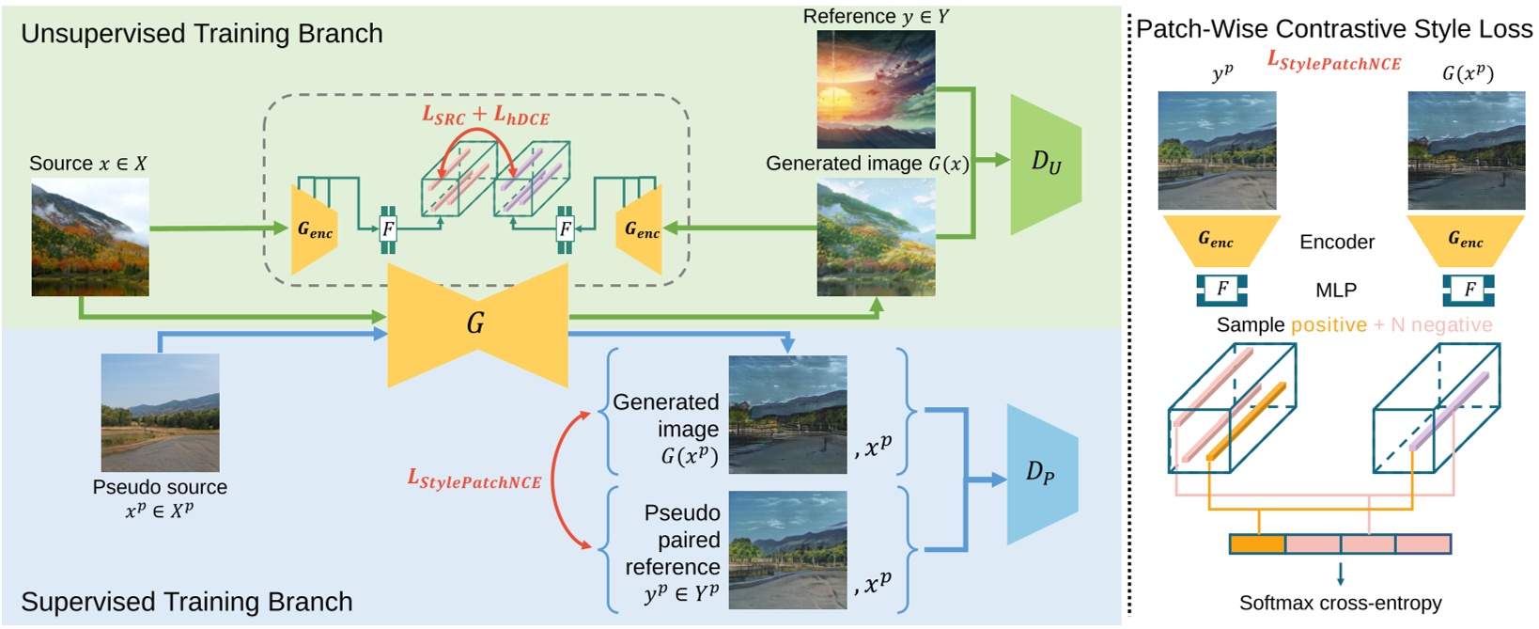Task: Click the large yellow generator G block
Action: (x=477, y=324)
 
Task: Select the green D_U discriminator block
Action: (x=1044, y=165)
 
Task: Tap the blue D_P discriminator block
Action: (x=1040, y=474)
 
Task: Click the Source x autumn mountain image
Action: (x=90, y=238)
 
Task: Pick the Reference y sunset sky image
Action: (x=876, y=89)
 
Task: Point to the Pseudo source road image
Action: (x=160, y=413)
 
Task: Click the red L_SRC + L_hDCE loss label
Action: (x=485, y=117)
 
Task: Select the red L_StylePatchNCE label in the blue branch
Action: (x=474, y=480)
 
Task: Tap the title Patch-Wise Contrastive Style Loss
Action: (x=1333, y=29)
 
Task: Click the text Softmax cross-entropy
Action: (x=1340, y=603)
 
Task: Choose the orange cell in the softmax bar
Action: (x=1257, y=543)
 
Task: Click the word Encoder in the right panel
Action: (x=1336, y=243)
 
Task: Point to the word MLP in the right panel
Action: (x=1335, y=291)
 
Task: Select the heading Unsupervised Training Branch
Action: (x=202, y=34)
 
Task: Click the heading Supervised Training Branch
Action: (x=187, y=602)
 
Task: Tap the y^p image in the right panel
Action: (x=1217, y=150)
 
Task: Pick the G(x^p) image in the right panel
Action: (x=1466, y=150)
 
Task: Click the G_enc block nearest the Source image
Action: (x=314, y=229)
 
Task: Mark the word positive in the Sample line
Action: (x=1329, y=325)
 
